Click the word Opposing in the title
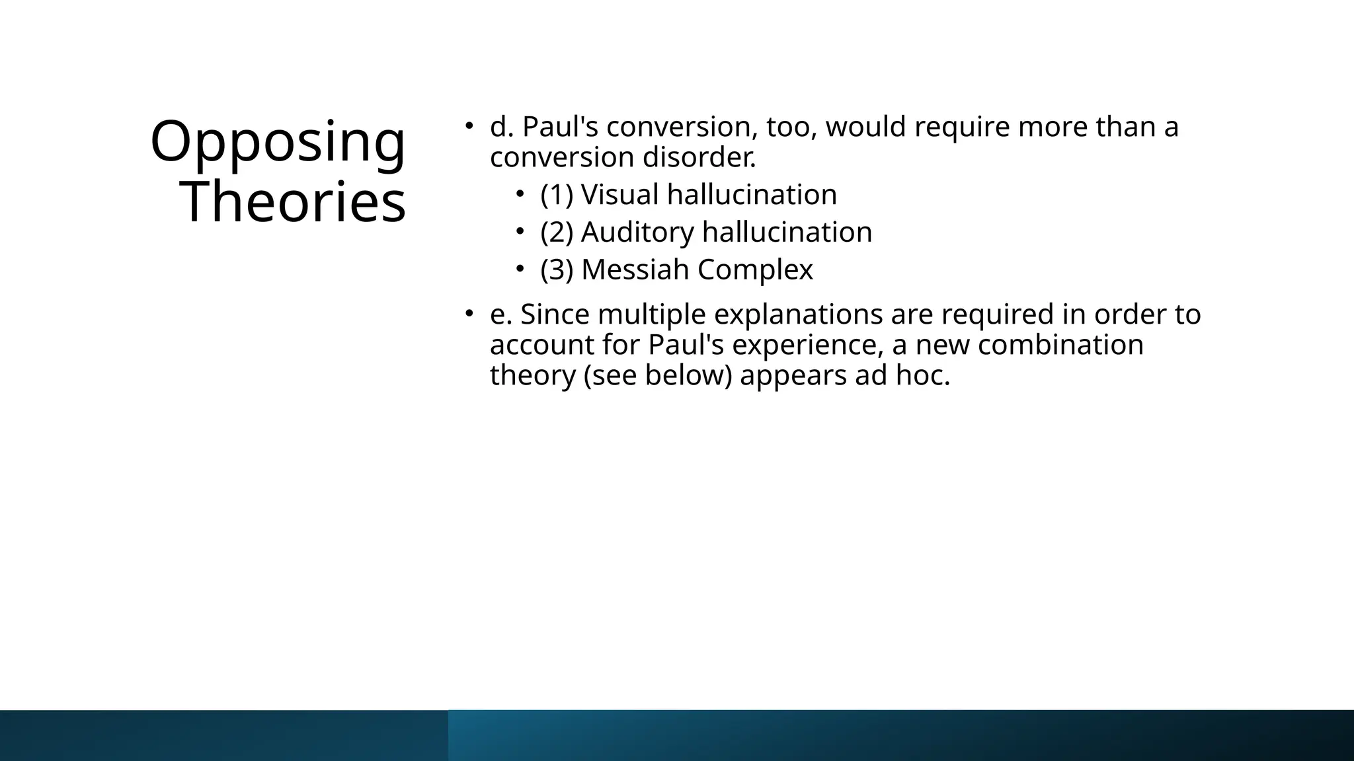278,141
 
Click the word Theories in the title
293,202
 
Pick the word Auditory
637,233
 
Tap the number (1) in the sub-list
556,195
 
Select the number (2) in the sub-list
556,233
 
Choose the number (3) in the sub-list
556,270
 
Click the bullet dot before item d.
468,125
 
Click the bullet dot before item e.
468,312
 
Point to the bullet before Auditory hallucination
520,231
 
